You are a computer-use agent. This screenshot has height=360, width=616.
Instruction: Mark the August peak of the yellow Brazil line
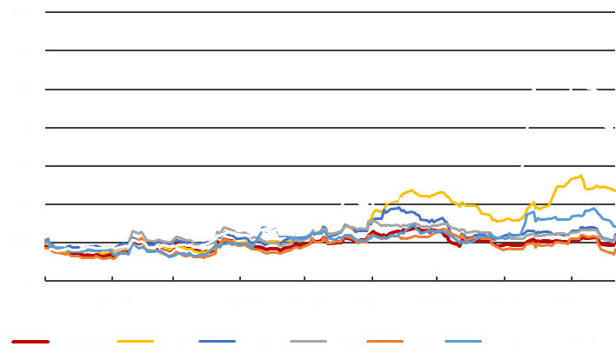pyautogui.click(x=579, y=176)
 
